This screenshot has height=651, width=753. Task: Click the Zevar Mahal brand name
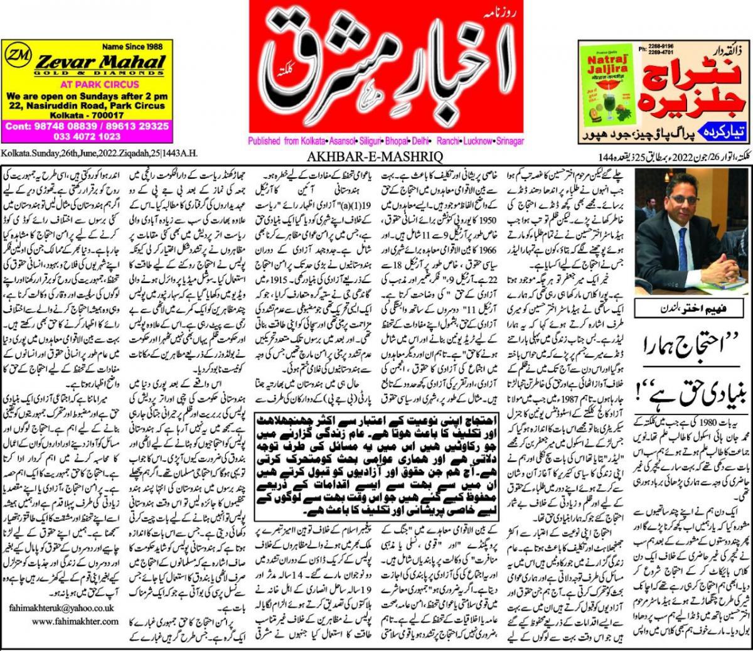point(100,61)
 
